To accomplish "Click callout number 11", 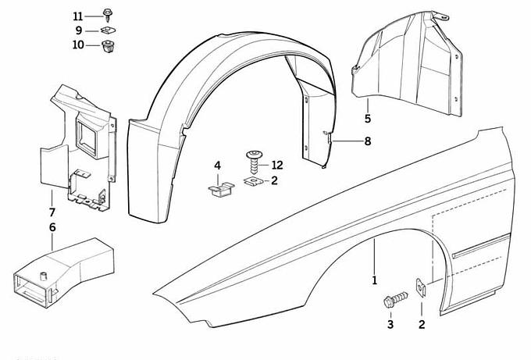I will tap(77, 16).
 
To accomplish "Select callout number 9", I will tap(79, 30).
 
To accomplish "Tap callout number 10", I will tap(77, 45).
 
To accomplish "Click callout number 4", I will tap(218, 165).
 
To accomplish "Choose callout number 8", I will tap(368, 141).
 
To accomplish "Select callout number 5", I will tap(367, 119).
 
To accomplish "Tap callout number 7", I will tap(52, 212).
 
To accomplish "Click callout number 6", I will tap(52, 227).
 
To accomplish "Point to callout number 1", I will tap(374, 279).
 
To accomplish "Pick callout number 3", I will tap(390, 324).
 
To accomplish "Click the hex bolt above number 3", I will tap(394, 300).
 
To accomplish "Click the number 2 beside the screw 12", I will tap(275, 181).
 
